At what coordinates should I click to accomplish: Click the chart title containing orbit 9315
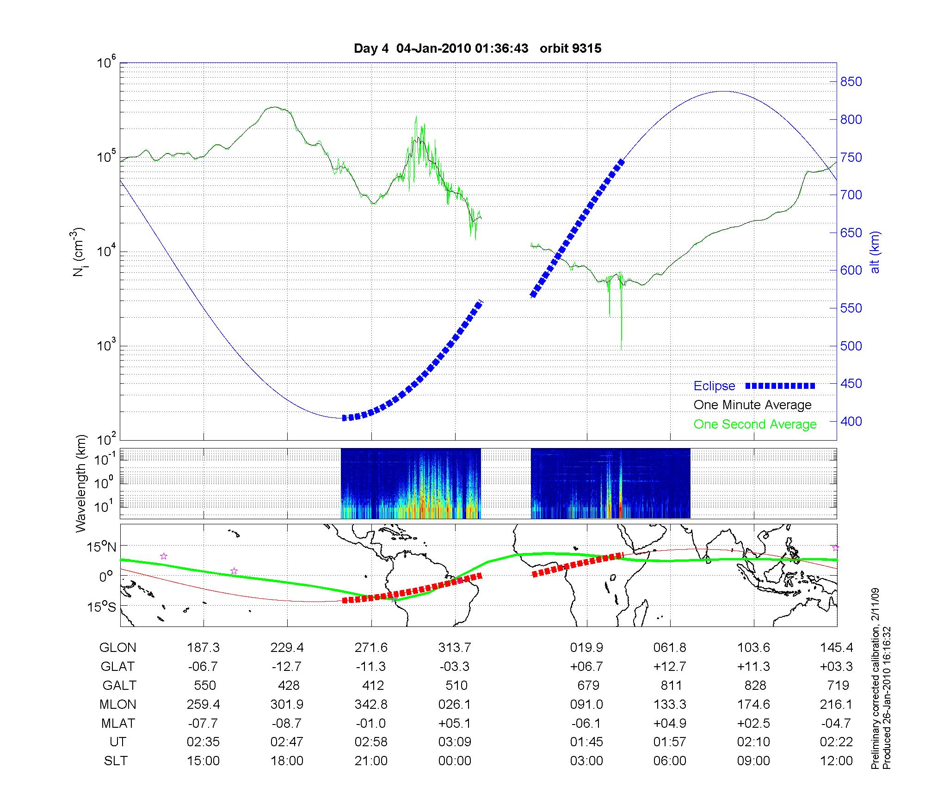477,49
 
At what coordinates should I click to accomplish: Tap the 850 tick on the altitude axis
851,82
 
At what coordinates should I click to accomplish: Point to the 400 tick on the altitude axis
851,421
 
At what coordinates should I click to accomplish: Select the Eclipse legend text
714,386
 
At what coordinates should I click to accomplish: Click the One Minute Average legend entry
752,405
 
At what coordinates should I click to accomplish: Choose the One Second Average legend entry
755,424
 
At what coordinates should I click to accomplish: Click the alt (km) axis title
875,252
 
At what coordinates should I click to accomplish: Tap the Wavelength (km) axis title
81,483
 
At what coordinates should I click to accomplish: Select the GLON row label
117,648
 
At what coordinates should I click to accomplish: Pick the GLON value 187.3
203,648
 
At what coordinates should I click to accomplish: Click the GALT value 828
755,685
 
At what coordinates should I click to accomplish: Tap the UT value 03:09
455,742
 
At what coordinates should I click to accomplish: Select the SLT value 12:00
836,761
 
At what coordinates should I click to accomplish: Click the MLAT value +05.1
455,723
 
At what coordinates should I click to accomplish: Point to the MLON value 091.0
586,704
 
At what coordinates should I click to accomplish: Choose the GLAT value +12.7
670,667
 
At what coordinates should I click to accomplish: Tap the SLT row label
115,761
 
